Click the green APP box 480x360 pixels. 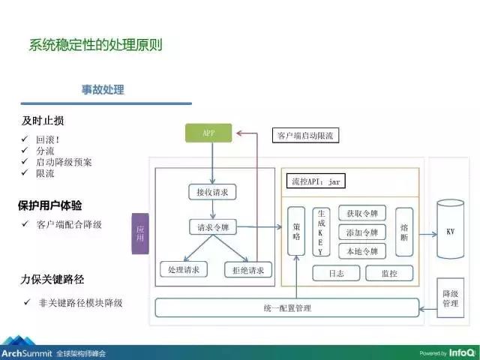pos(208,133)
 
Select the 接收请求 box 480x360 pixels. pos(212,193)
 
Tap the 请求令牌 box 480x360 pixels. pos(212,227)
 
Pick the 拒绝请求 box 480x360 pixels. pos(248,269)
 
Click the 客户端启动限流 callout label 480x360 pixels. pos(304,136)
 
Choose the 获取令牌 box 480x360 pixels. pos(362,213)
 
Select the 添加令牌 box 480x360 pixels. pos(362,232)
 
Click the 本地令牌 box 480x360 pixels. pos(362,250)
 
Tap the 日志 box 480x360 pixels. pos(336,274)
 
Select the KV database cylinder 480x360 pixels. pos(450,229)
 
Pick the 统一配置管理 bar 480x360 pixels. pos(287,308)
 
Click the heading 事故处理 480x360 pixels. pos(103,90)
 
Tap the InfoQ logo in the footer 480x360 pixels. pos(460,352)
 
